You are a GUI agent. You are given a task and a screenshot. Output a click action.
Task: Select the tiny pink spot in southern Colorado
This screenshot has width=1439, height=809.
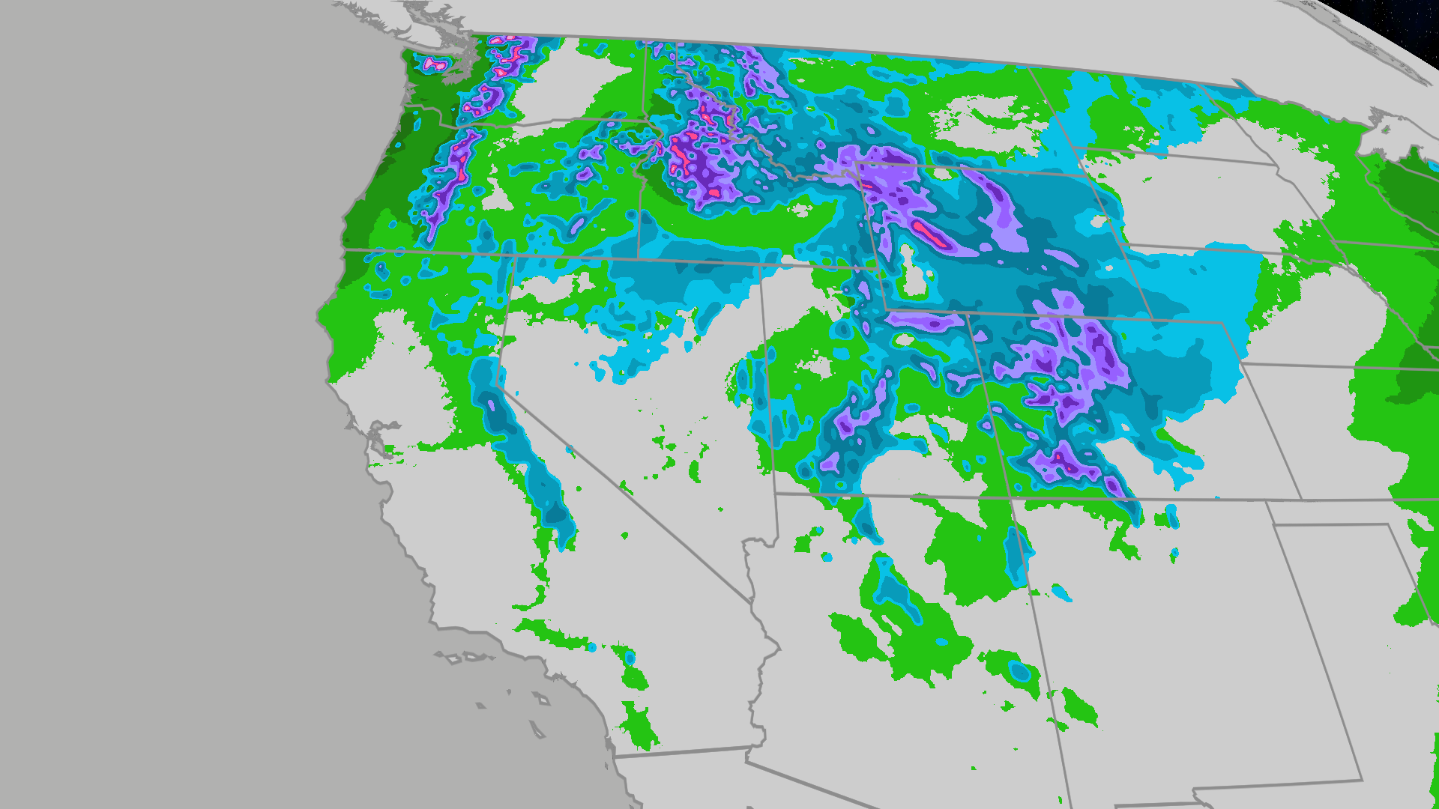tap(1059, 455)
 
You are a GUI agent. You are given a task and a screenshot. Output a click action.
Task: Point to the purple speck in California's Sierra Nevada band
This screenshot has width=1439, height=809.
tap(492, 406)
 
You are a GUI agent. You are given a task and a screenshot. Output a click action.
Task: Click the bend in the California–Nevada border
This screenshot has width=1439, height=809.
tap(500, 388)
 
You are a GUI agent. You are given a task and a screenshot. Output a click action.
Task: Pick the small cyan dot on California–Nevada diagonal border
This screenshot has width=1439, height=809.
tap(570, 449)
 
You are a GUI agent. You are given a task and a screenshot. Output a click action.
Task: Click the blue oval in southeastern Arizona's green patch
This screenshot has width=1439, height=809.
tap(1020, 671)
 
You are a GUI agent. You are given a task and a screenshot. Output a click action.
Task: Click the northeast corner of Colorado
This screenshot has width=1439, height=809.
tap(1223, 324)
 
